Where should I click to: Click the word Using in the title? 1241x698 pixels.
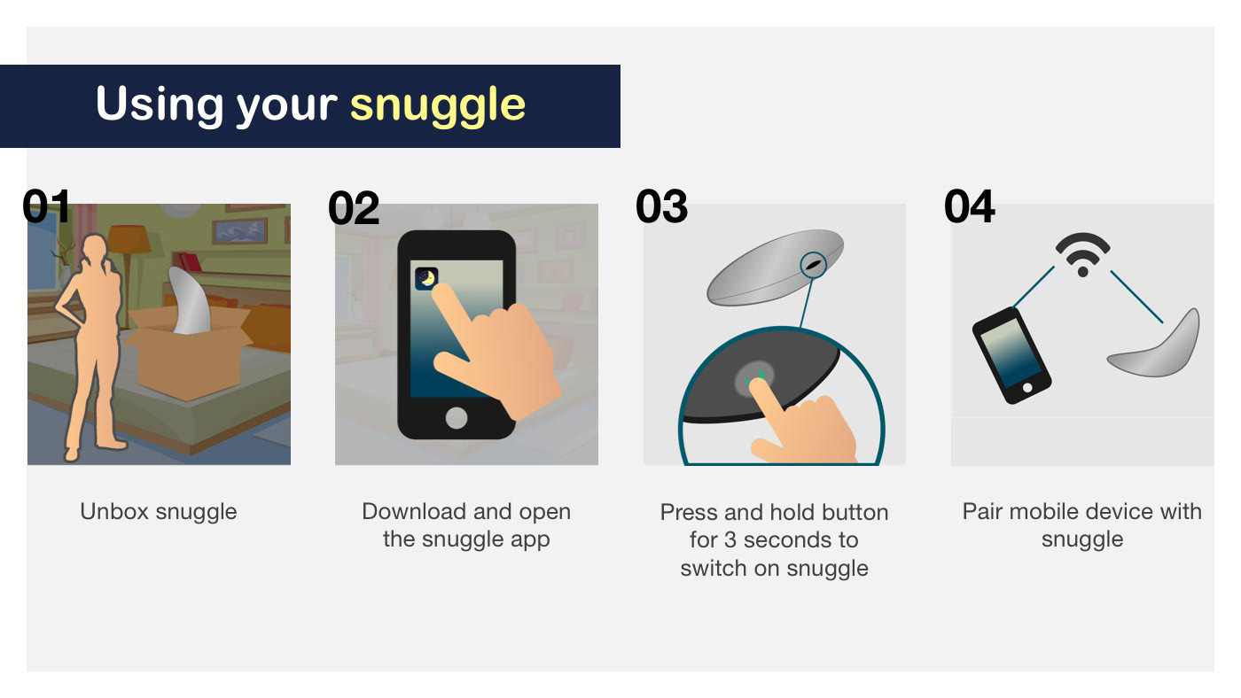click(160, 104)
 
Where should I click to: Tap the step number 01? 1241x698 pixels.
click(46, 206)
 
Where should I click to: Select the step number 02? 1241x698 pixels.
click(354, 208)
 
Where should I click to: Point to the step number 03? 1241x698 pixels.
click(661, 206)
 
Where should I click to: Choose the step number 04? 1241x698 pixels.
click(970, 206)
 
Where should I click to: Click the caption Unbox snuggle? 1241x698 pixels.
click(159, 511)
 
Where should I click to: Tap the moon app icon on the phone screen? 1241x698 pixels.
click(426, 278)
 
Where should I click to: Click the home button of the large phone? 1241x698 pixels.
click(456, 418)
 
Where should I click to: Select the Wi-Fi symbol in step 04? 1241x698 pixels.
click(1082, 254)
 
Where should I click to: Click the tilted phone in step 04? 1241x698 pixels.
click(1011, 355)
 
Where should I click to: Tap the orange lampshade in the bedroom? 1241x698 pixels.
click(129, 238)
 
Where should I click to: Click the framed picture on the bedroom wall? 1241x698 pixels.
click(239, 230)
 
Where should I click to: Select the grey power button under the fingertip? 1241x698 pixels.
click(754, 378)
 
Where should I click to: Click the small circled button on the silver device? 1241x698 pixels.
click(814, 265)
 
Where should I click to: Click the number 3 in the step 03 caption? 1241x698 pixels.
click(730, 540)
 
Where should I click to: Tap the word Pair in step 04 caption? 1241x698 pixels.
click(982, 511)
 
